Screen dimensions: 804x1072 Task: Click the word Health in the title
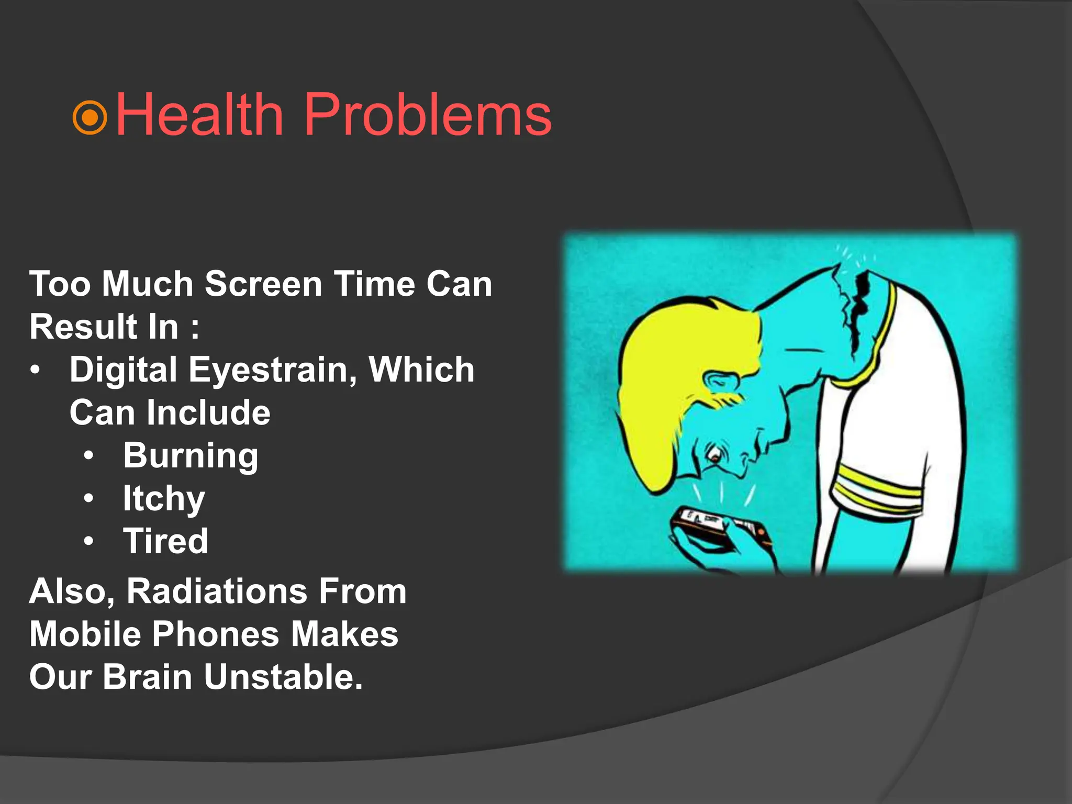[199, 114]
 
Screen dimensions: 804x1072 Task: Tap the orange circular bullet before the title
[90, 118]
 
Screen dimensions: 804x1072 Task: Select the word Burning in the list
[191, 456]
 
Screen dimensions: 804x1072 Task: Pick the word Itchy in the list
[163, 498]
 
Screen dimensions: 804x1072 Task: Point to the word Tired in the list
[165, 541]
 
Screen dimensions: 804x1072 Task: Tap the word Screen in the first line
[263, 284]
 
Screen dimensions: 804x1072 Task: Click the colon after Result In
[195, 328]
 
